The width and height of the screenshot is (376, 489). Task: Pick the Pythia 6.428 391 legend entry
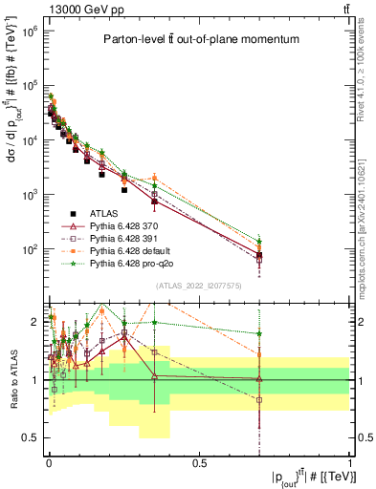(134, 238)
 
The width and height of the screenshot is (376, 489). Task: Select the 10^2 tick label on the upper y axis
(29, 249)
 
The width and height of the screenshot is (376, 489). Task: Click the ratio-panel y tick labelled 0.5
(33, 437)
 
